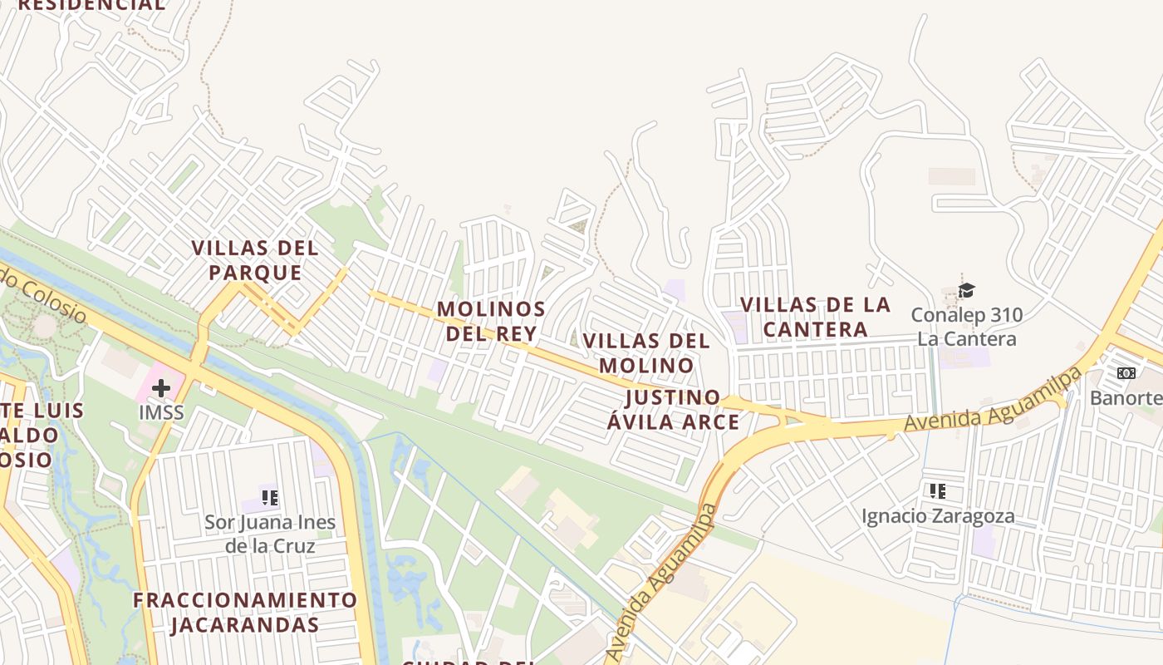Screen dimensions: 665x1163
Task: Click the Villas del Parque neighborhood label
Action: (x=254, y=260)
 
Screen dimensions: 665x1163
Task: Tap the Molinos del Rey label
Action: (x=491, y=321)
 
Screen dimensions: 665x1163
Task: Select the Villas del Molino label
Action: (x=646, y=352)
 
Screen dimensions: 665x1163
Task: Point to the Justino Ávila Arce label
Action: (x=673, y=409)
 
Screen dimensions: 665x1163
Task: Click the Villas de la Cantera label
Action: (x=815, y=317)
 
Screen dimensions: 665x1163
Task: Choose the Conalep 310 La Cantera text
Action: (x=967, y=327)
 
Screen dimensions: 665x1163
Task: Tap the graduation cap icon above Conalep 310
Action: (x=965, y=290)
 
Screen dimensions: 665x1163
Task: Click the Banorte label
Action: (x=1126, y=397)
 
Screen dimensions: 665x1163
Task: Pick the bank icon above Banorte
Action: (x=1126, y=373)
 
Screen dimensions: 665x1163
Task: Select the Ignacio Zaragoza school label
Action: (x=938, y=516)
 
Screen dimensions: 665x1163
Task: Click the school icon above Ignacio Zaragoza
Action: (x=938, y=491)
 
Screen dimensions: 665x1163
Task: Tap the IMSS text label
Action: (x=161, y=412)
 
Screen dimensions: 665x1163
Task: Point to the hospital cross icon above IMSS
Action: (x=161, y=388)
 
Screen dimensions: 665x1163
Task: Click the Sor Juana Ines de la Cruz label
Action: (x=270, y=534)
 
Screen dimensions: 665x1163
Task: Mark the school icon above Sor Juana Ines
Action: (x=269, y=498)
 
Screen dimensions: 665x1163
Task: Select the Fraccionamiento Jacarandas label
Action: (x=245, y=612)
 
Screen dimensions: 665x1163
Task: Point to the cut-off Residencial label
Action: (x=91, y=5)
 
